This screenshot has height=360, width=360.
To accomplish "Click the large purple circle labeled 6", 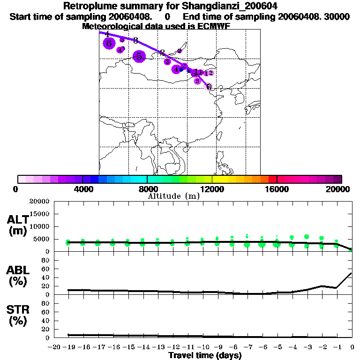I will (x=109, y=44).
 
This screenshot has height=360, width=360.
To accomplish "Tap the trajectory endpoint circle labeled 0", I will (x=209, y=87).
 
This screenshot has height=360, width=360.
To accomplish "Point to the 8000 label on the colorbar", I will (x=147, y=189).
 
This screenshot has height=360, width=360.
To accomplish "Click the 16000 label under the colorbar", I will (x=277, y=189).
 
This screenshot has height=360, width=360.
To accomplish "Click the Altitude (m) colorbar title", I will (x=173, y=196).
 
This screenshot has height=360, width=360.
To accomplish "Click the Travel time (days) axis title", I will (x=205, y=355).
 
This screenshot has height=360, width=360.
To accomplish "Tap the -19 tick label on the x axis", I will (x=68, y=347).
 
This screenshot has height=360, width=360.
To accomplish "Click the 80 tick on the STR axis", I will (x=46, y=303).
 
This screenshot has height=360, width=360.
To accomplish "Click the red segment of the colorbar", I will (x=272, y=179).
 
